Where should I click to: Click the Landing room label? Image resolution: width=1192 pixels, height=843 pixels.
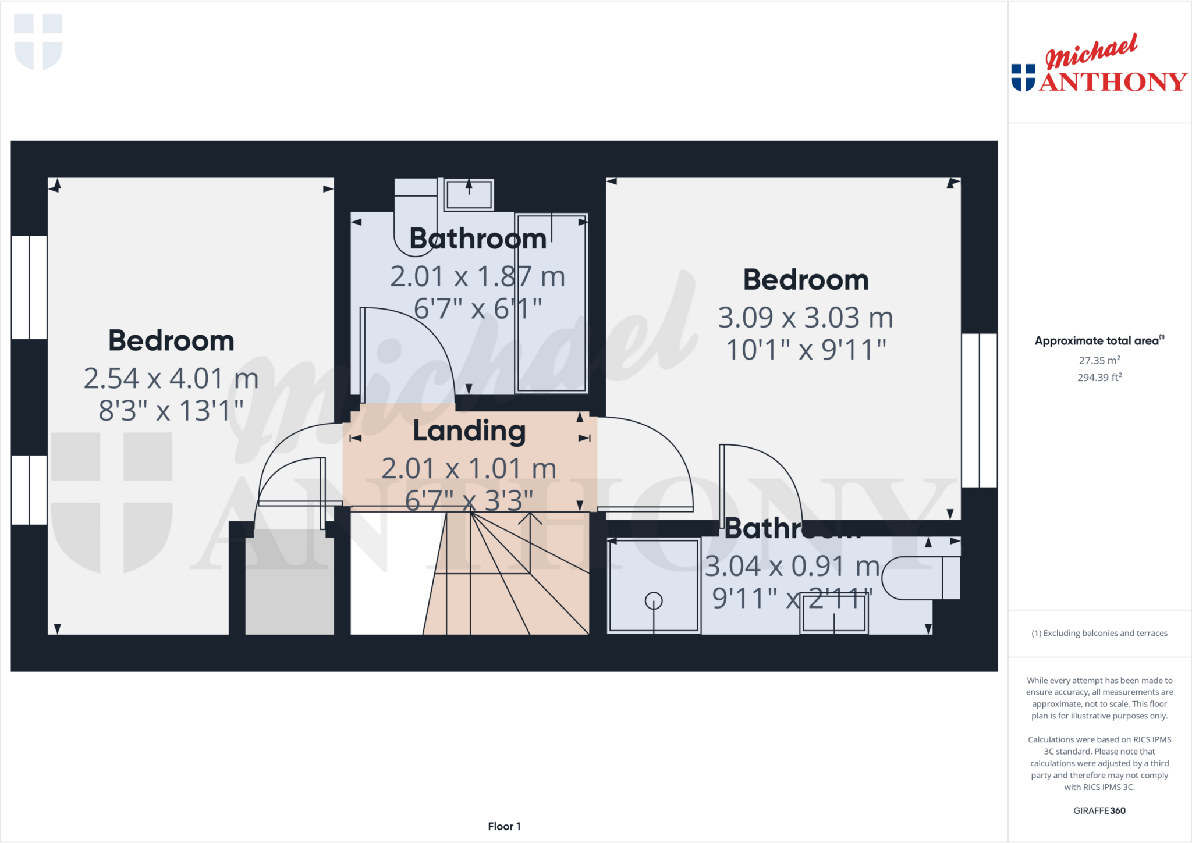tap(469, 431)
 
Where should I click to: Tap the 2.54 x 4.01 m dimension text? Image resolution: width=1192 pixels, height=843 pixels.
tap(171, 379)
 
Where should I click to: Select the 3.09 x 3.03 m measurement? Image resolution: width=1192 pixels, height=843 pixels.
tap(806, 318)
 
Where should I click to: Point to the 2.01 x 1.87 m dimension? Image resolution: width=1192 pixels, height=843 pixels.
tap(477, 276)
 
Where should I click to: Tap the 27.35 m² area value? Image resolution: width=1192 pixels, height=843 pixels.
tap(1099, 360)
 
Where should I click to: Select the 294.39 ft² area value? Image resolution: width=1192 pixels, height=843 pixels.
tap(1099, 378)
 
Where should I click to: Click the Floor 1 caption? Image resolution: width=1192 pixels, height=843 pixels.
tap(504, 826)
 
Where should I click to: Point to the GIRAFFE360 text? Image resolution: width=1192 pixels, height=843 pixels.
tap(1099, 810)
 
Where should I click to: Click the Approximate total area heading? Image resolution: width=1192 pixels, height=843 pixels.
tap(1099, 341)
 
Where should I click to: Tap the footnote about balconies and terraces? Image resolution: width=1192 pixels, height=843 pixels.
tap(1099, 633)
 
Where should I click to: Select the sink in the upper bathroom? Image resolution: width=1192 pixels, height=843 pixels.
tap(469, 194)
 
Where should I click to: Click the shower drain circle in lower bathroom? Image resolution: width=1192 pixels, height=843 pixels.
tap(654, 600)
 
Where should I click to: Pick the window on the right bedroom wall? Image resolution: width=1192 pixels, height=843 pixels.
tap(980, 410)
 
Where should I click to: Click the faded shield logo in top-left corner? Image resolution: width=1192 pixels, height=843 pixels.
tap(38, 41)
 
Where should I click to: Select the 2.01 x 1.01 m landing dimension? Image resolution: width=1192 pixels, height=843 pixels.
tap(469, 469)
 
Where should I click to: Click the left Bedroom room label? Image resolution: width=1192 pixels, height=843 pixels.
tap(171, 341)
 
